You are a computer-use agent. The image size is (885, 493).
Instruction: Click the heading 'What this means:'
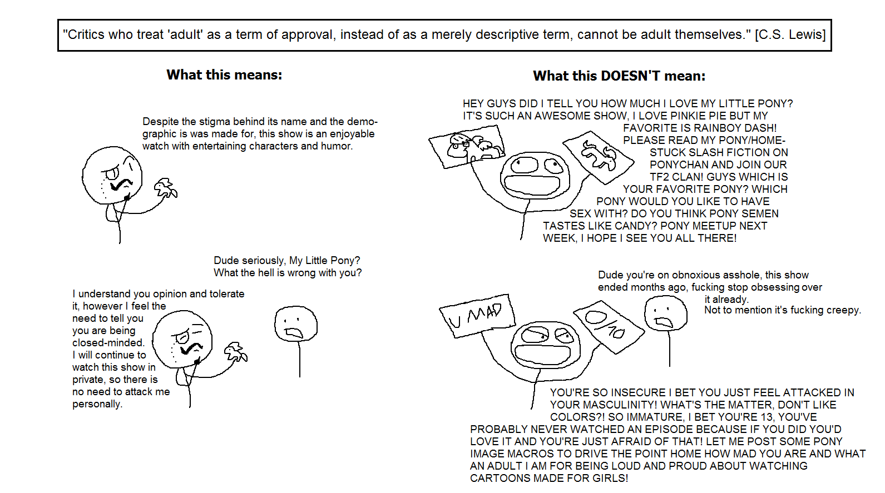click(224, 75)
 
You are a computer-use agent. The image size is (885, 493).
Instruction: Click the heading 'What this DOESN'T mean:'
click(619, 76)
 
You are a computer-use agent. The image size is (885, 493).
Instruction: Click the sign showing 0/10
click(609, 327)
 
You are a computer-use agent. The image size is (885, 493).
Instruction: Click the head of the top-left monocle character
click(112, 176)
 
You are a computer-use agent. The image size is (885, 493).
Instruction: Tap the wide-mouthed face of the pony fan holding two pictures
click(535, 175)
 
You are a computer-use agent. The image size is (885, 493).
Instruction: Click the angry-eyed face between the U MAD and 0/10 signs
click(546, 345)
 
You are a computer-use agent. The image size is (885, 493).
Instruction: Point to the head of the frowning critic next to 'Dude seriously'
click(296, 323)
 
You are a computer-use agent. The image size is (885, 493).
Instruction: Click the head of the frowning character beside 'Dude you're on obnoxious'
click(665, 313)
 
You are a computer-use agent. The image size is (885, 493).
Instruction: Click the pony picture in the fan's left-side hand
click(467, 146)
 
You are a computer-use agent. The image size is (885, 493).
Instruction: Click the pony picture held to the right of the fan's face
click(598, 157)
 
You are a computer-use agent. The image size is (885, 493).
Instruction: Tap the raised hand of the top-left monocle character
click(165, 189)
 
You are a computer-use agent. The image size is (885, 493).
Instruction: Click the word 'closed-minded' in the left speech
click(108, 343)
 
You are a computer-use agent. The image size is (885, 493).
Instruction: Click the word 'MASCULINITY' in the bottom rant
click(617, 405)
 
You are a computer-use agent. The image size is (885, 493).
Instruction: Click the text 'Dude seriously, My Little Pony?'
click(286, 261)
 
